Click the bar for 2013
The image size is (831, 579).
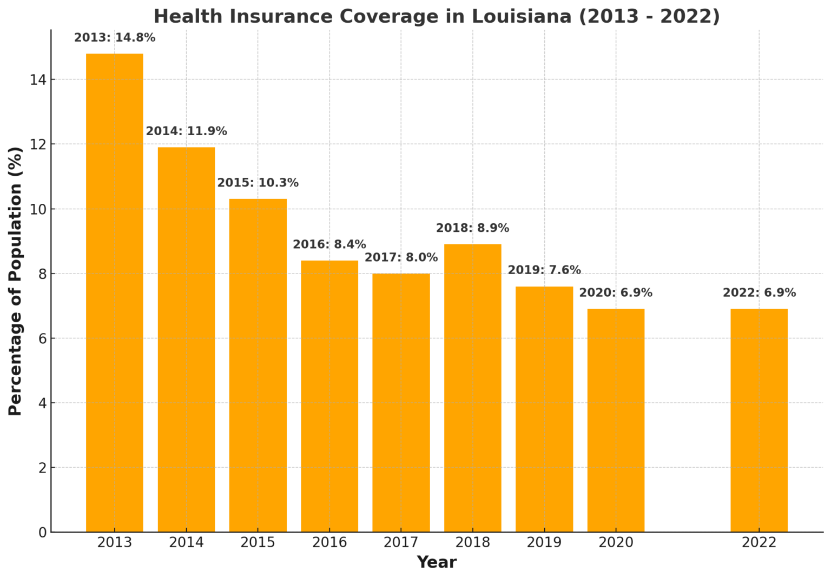tap(115, 292)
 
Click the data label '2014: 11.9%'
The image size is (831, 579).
tap(186, 131)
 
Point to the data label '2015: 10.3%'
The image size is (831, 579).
tap(258, 183)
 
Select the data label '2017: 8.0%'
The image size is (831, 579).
tap(401, 258)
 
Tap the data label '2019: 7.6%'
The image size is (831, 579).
tap(544, 270)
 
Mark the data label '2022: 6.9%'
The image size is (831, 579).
tap(759, 293)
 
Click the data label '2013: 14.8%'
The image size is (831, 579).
tap(115, 38)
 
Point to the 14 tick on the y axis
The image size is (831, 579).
tap(38, 80)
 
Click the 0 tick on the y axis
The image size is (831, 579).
tap(42, 533)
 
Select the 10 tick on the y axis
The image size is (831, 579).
tap(38, 209)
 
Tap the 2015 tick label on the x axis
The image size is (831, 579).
tap(258, 542)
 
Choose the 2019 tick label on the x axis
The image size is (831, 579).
tap(544, 542)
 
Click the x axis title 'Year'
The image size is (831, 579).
tap(437, 563)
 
